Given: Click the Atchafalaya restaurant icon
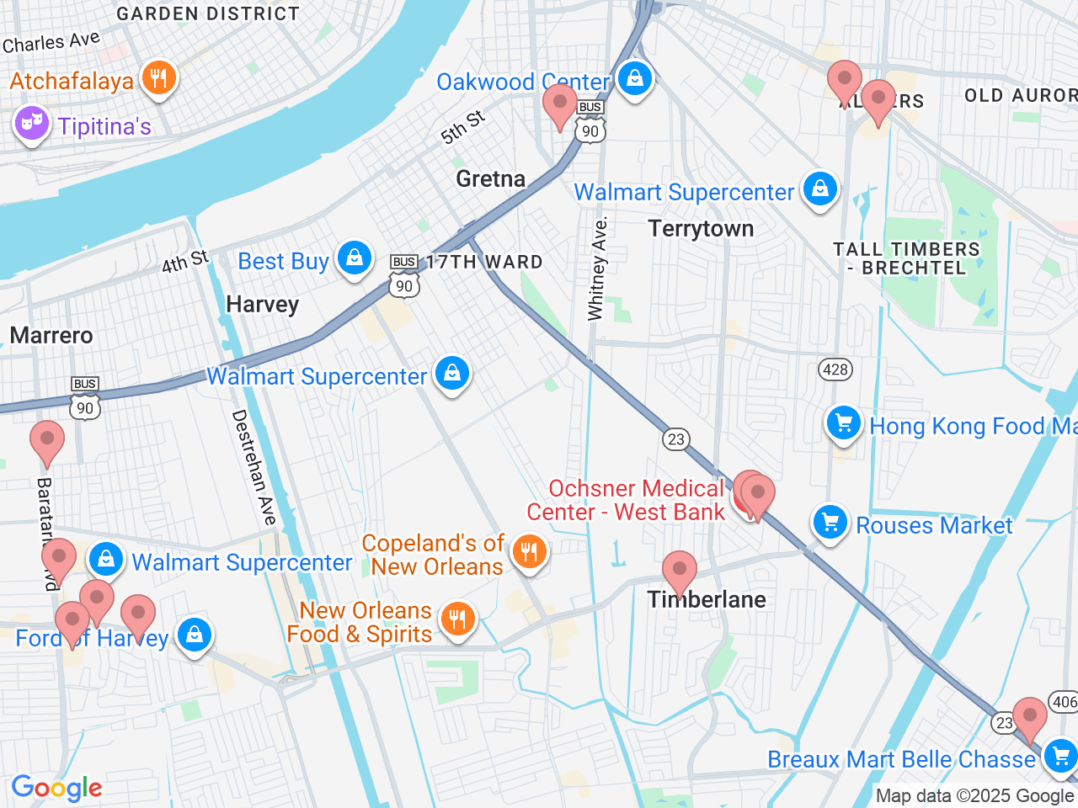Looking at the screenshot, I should (x=158, y=78).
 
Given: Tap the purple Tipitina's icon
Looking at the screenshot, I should (x=31, y=124).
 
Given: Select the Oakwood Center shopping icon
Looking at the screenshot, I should (x=635, y=78).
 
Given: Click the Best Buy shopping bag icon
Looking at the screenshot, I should (x=355, y=258).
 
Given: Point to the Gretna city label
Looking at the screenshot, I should (x=490, y=178).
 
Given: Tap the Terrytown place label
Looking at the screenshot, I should (x=701, y=229).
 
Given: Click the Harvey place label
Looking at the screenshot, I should (x=262, y=304).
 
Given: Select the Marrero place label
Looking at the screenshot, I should (x=51, y=336).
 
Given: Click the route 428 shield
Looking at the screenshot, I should (x=835, y=369).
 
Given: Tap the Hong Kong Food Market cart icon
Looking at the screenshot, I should (x=843, y=423).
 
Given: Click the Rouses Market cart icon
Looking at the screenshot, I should (x=830, y=523).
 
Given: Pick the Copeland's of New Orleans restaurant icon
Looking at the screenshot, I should (x=529, y=552).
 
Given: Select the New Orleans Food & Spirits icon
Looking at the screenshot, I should (x=457, y=619).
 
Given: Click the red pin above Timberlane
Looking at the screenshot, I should (x=679, y=571).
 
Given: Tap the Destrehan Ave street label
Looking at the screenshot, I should (x=253, y=467).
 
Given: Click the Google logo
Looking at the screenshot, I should (x=56, y=789).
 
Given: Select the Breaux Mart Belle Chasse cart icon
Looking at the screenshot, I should (x=1059, y=755).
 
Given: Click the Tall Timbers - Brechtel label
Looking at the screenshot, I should (x=906, y=258).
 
